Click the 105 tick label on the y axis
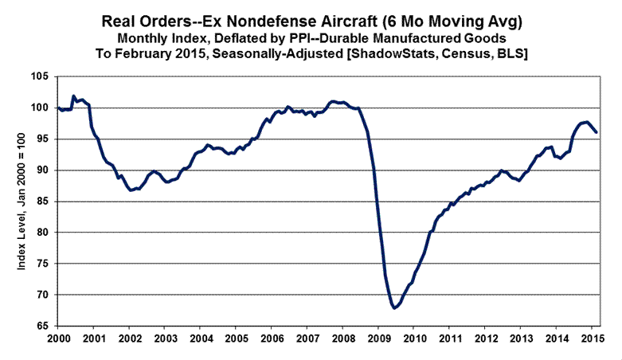coord(40,76)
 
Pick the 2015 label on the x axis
coord(591,339)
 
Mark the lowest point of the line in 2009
coord(393,307)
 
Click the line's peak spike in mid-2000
coord(73,96)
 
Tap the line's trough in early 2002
coord(131,190)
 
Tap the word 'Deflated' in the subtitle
coord(237,37)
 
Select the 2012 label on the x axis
coord(484,339)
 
